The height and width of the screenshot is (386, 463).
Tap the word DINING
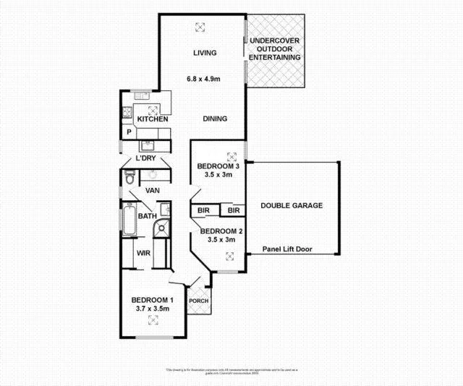(x=215, y=119)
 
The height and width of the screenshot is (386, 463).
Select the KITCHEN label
(x=153, y=119)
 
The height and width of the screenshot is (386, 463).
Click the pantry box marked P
(x=129, y=133)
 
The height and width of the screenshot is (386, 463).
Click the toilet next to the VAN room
(x=130, y=178)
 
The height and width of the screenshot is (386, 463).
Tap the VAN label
(x=152, y=191)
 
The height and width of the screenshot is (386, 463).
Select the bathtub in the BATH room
(x=129, y=219)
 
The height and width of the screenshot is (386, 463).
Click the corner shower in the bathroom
(x=161, y=229)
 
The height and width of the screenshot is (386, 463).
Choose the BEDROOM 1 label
(x=152, y=300)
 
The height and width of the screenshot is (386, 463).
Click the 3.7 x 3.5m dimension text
(x=152, y=309)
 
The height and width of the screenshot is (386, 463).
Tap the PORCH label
(x=198, y=301)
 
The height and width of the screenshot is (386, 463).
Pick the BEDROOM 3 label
(x=221, y=166)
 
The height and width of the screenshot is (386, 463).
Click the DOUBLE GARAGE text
(x=292, y=205)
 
